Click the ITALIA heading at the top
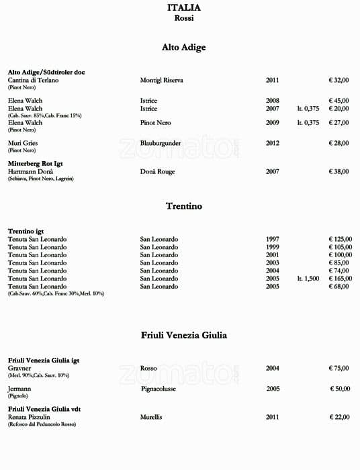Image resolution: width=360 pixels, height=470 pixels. coord(183,8)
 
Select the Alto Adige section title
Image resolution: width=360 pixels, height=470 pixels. coord(183,48)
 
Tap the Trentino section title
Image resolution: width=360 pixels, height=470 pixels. coord(183,206)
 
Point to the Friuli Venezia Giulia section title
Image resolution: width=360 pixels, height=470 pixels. coord(183,334)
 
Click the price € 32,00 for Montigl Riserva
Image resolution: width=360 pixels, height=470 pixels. coord(339,80)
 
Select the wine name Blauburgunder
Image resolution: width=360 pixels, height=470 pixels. coord(161,143)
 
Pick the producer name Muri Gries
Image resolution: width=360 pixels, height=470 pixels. coord(22,143)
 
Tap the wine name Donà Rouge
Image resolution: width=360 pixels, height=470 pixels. coord(157,171)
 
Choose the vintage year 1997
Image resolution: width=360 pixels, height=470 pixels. coord(272,240)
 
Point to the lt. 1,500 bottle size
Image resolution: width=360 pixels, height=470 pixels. coord(308,279)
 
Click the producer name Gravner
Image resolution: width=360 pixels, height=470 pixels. coord(20,368)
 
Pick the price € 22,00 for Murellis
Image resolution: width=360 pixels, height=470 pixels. coord(339,417)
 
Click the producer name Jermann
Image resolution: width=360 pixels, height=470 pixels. coord(19,388)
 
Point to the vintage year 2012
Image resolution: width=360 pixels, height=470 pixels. coord(272,143)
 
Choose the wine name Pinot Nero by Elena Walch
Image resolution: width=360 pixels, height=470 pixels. coord(155,123)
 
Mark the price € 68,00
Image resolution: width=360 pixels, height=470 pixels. coord(339,286)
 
